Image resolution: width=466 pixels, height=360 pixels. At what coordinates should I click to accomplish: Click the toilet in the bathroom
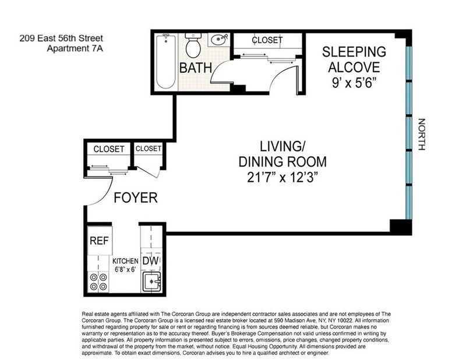coord(193,45)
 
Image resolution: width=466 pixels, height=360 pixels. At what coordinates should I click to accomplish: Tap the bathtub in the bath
coord(166,61)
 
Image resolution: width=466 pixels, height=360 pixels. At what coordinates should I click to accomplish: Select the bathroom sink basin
coord(218,40)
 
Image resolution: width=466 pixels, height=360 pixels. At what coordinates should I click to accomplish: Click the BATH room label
coord(196,68)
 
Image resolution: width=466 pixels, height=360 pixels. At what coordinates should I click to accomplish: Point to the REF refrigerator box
coord(100,241)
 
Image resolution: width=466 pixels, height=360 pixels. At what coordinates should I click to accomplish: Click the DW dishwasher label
coord(151,261)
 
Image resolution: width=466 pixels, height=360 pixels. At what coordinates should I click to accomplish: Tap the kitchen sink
coord(151,281)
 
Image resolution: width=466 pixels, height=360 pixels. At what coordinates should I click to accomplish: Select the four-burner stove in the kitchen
coord(98,282)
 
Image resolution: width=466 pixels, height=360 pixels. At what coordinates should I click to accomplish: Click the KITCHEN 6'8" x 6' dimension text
coord(125,265)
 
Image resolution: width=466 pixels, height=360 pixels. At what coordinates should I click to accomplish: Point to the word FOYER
coord(136,197)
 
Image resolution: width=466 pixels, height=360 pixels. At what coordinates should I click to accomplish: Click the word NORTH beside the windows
coord(422,135)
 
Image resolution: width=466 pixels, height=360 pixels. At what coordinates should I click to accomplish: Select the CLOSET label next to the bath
coord(267,40)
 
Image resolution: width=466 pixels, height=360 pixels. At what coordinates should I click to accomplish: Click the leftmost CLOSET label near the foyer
coord(109,149)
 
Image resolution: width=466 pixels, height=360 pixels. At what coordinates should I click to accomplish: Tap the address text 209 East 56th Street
coord(61,38)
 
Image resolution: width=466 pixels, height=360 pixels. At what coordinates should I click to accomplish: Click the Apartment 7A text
coord(75,48)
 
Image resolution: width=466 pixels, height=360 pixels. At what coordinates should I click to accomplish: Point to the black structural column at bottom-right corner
coord(401,227)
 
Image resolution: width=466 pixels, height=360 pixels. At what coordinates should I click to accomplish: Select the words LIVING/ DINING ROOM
coord(283,154)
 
